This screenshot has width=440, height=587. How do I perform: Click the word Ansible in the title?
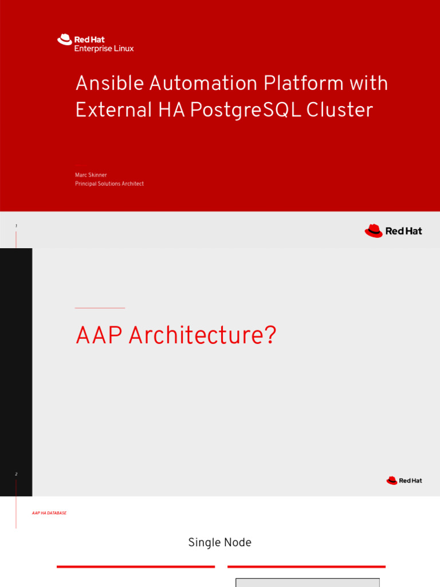click(x=109, y=84)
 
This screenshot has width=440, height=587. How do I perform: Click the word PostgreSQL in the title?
click(x=245, y=110)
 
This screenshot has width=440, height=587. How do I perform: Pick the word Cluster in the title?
click(x=340, y=110)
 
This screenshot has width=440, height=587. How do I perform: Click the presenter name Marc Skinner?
click(x=91, y=175)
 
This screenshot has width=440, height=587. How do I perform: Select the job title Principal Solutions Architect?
click(x=109, y=184)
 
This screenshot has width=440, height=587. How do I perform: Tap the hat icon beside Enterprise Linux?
click(x=64, y=40)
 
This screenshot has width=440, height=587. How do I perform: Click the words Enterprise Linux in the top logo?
click(x=104, y=49)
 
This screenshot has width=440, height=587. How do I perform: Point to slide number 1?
click(x=16, y=226)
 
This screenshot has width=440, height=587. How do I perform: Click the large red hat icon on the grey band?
click(x=374, y=231)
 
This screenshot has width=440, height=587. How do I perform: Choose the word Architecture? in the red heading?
click(x=202, y=335)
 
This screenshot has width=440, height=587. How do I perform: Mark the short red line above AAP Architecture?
click(x=100, y=308)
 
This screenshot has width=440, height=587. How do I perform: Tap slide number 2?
click(x=16, y=475)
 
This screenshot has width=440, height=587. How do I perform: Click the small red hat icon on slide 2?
click(x=392, y=480)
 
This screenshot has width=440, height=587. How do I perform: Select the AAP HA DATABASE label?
click(x=49, y=513)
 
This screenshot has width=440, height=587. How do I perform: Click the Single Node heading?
click(x=219, y=542)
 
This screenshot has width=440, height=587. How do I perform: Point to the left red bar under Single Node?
click(x=136, y=566)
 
